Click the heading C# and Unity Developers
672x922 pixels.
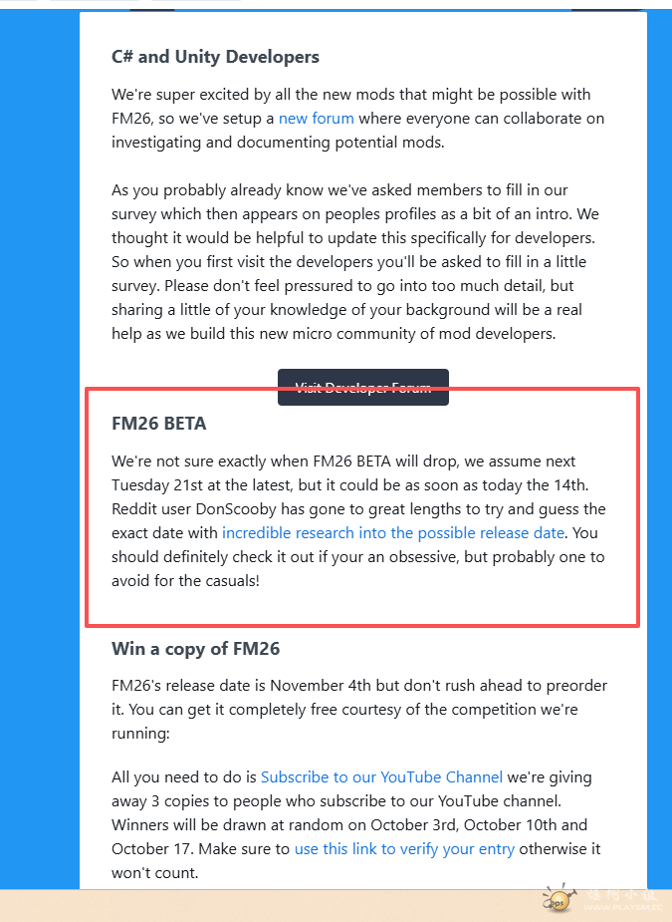(215, 57)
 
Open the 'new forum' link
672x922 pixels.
(316, 119)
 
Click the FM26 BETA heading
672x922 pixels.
(159, 424)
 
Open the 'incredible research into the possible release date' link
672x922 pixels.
(393, 533)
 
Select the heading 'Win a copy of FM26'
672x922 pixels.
(195, 649)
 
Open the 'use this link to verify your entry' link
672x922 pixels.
(404, 849)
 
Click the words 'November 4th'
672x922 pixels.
(320, 686)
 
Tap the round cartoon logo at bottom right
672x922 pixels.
(558, 899)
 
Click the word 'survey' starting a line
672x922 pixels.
(135, 214)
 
